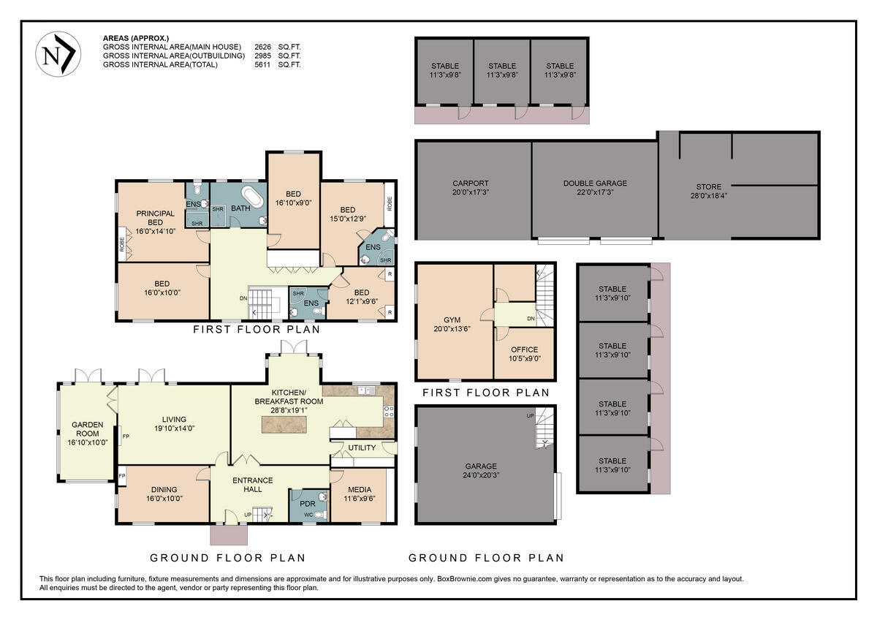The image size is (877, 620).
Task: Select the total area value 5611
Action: click(263, 65)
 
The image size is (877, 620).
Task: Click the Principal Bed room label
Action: click(155, 218)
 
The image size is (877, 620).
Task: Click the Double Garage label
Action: click(595, 184)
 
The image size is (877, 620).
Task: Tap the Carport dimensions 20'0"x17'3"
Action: click(470, 192)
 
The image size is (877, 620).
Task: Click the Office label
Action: click(524, 349)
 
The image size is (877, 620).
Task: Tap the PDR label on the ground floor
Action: click(307, 504)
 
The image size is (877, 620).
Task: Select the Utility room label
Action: click(362, 447)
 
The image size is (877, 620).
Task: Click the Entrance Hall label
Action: click(252, 485)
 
